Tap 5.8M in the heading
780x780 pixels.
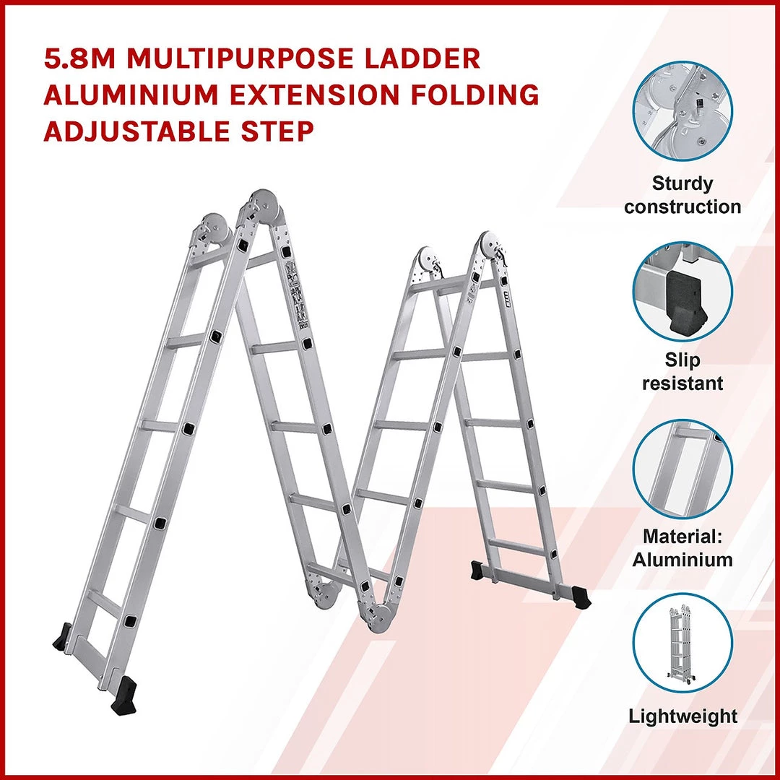coord(80,58)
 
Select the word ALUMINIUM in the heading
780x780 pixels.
coord(131,95)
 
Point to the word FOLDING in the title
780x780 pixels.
coord(475,95)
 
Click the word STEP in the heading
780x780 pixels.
coord(277,131)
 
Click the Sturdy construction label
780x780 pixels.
coord(682,195)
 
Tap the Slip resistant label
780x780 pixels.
coord(682,372)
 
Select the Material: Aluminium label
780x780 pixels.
coord(682,547)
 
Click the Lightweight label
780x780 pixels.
coord(682,716)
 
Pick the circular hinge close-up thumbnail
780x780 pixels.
coord(682,111)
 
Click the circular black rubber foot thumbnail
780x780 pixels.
coord(682,292)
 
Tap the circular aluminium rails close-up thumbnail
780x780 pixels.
coord(682,469)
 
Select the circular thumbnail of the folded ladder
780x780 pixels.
coord(682,643)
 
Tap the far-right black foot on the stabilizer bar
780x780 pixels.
coord(581,597)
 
